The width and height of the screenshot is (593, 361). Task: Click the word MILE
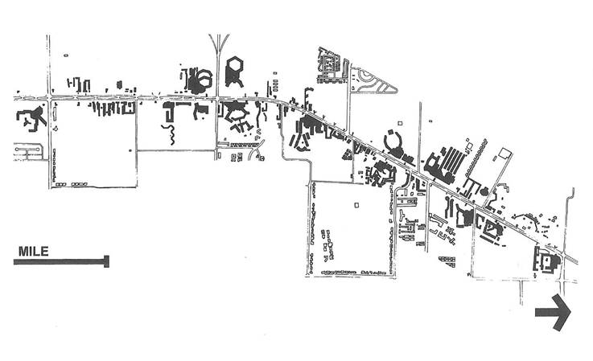pos(34,252)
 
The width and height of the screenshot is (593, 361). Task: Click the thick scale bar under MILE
pos(61,261)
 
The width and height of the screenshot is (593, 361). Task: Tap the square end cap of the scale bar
pos(107,261)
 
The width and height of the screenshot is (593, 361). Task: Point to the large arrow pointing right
pos(553,313)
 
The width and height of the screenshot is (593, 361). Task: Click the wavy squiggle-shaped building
pos(170,133)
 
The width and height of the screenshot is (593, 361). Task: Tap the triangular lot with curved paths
pos(373,81)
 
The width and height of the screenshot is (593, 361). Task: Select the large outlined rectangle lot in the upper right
pos(504,153)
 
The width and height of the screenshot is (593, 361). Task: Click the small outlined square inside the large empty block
pos(356,205)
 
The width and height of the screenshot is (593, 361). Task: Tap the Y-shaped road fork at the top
pos(219,49)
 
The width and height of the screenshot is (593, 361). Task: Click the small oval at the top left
pos(66,55)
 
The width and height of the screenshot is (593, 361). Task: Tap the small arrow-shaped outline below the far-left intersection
pos(56,129)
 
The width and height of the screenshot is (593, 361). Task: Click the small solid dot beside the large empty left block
pos(130,150)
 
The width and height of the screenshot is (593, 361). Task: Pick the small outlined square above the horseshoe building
pos(400,122)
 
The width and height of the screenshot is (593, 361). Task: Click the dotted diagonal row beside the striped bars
pos(476,158)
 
